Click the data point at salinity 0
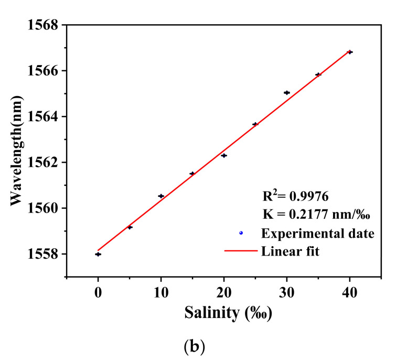click(x=98, y=254)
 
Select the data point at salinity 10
click(x=161, y=196)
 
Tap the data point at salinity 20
click(x=224, y=155)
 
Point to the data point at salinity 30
click(x=287, y=92)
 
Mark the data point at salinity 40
click(x=350, y=52)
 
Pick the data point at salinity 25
click(x=255, y=124)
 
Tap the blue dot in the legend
click(x=241, y=232)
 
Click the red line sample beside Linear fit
click(x=240, y=251)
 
